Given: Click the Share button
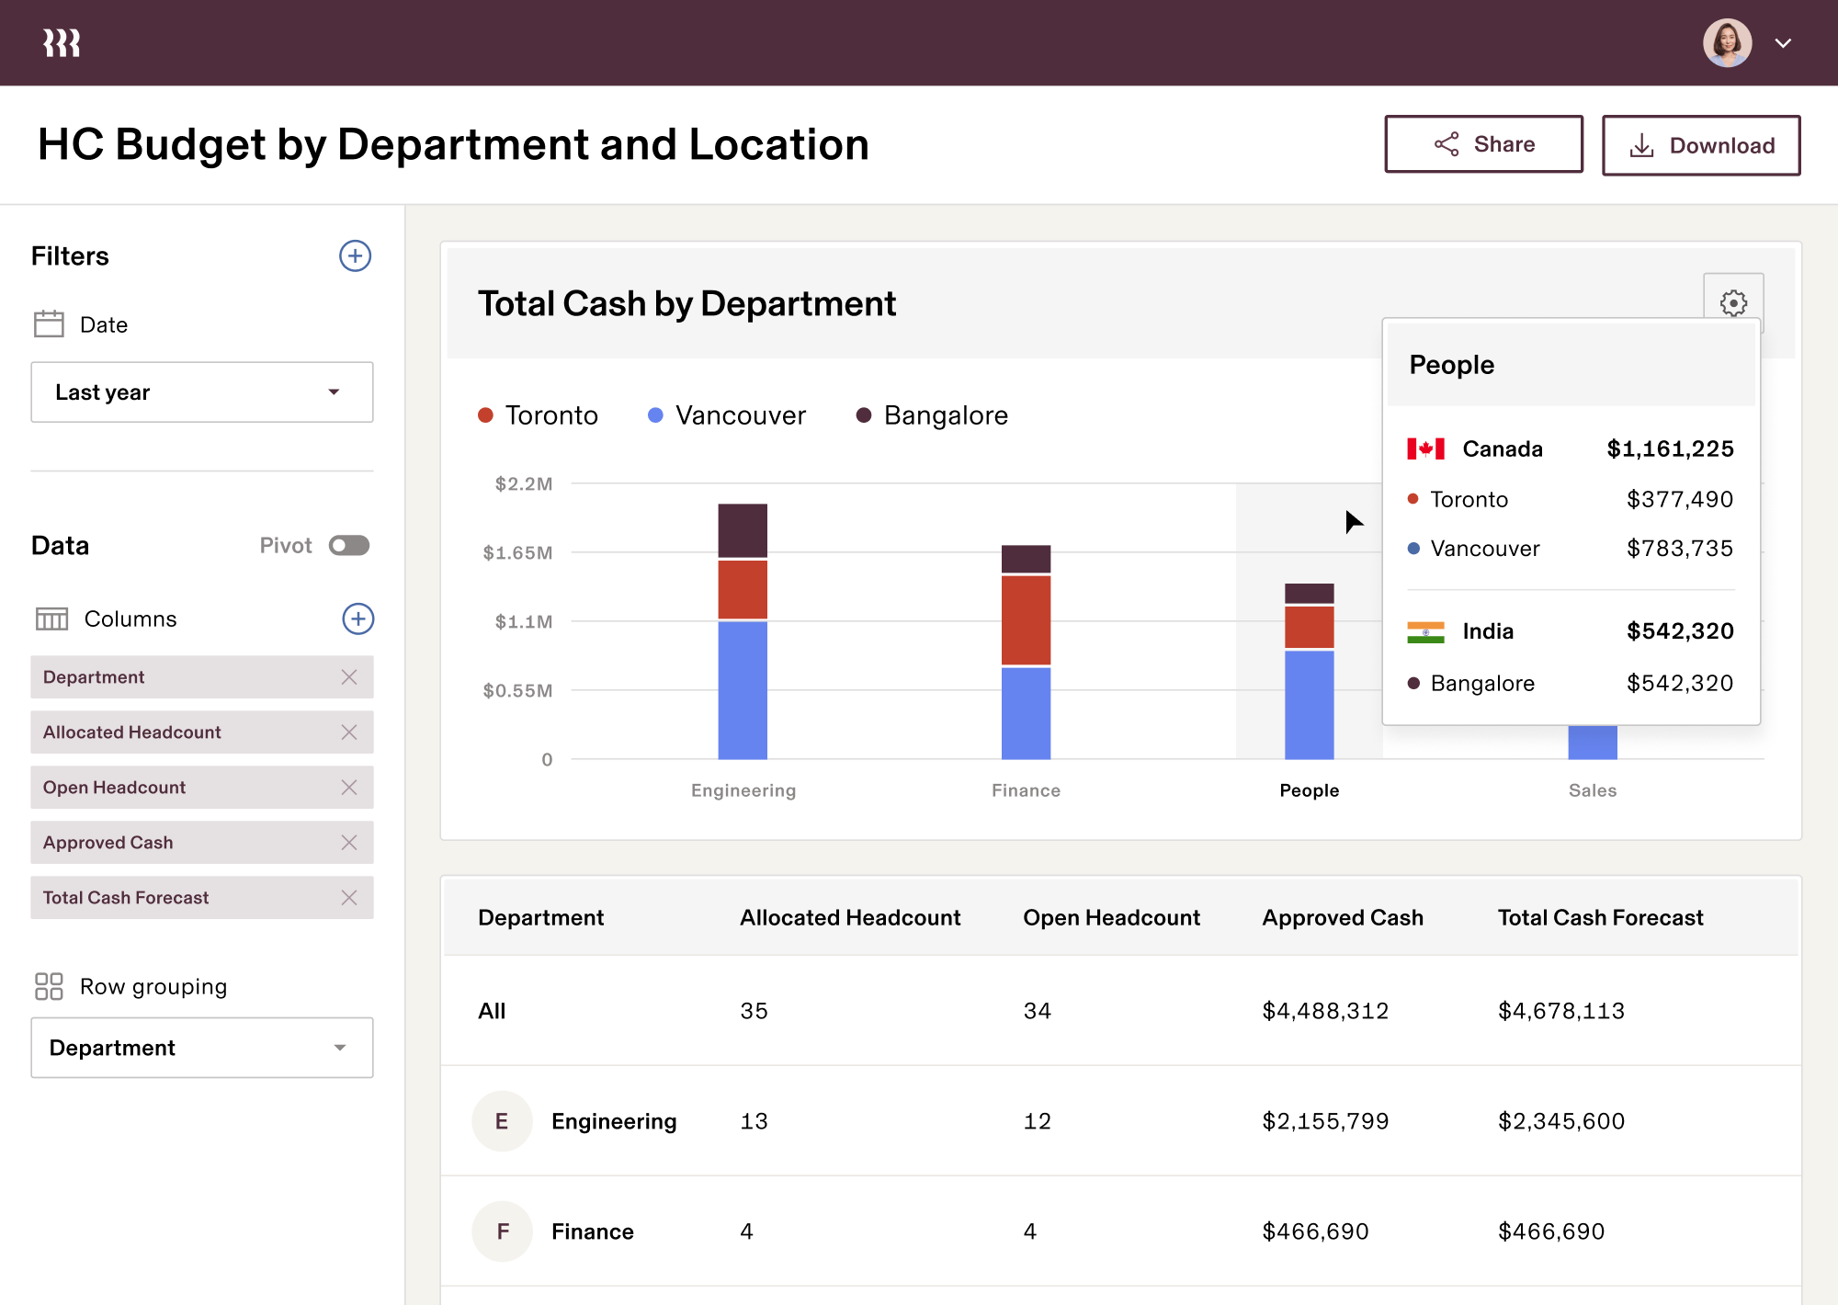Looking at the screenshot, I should pos(1483,144).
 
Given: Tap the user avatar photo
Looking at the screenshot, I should pos(1726,43).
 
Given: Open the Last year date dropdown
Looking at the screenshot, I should pos(201,392).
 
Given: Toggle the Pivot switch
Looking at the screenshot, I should pos(349,546).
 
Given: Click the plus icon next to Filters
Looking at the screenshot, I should pos(355,255).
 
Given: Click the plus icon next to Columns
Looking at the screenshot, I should pos(357,618).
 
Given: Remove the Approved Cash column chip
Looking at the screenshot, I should pos(349,843).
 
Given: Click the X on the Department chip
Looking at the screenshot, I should pos(349,677).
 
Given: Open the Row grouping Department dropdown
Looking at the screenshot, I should pos(201,1048).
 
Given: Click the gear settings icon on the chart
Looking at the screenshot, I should pos(1733,302).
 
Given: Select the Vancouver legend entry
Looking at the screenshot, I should pos(726,415).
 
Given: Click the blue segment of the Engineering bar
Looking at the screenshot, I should pos(743,689).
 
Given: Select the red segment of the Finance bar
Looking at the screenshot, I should pos(1026,620).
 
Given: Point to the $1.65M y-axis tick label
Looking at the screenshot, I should pos(517,552).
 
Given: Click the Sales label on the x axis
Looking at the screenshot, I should pos(1592,790).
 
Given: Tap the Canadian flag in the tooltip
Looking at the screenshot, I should pos(1425,448).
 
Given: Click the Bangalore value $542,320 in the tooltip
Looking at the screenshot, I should pos(1679,683).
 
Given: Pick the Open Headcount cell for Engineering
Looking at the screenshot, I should pos(1037,1121).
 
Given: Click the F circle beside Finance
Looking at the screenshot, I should pos(502,1231).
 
